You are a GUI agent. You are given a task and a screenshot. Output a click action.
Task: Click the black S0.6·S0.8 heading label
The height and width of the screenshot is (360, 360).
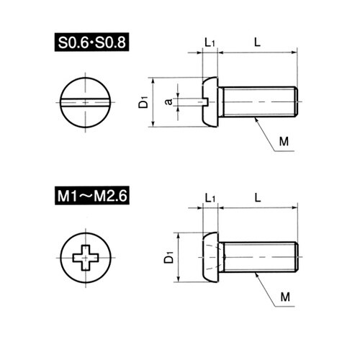click(91, 42)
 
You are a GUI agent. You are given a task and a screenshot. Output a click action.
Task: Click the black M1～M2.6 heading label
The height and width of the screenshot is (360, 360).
click(92, 195)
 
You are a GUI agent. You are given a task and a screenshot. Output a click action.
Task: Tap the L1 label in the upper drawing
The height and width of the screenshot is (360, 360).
click(210, 42)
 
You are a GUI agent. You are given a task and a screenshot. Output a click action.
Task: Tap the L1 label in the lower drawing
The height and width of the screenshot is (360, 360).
click(210, 198)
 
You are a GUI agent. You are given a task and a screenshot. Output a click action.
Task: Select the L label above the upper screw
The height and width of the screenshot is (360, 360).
click(257, 42)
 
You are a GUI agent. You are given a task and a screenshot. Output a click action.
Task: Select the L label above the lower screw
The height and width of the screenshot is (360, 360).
click(258, 198)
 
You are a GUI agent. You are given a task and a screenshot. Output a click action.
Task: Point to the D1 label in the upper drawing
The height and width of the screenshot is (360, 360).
click(143, 102)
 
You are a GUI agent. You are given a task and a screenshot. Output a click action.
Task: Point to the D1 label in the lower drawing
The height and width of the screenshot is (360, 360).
click(168, 257)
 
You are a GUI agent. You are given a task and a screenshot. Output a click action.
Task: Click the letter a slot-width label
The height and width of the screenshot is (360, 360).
click(168, 102)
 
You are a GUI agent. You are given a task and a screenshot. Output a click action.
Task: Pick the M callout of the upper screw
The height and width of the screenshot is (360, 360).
click(284, 142)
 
